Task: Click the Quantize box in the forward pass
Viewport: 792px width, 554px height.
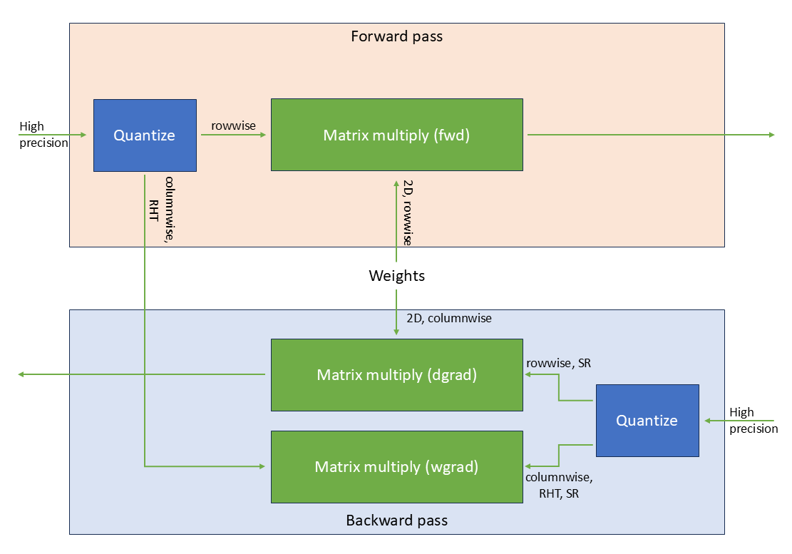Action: (145, 135)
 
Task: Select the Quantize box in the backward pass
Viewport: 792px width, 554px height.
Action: (647, 421)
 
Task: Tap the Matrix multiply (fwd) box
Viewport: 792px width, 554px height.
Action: (396, 135)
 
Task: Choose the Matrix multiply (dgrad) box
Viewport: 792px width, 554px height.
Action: (396, 375)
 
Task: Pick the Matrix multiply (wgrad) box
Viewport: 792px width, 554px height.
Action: (396, 467)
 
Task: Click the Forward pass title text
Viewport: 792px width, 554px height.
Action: (396, 36)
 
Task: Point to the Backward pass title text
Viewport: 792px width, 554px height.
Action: (396, 520)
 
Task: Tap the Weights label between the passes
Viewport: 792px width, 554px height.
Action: (396, 276)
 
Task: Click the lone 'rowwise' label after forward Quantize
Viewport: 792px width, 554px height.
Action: (233, 125)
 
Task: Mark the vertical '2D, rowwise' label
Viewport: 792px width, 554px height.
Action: (407, 212)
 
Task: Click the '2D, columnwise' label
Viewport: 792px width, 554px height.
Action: (449, 319)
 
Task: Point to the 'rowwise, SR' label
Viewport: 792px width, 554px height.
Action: (558, 364)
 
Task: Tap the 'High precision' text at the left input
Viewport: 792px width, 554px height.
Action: (43, 135)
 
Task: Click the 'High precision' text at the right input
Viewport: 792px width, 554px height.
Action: (753, 421)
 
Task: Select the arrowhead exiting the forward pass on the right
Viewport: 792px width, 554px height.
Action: (771, 135)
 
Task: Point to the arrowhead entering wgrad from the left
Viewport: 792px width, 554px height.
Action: (261, 466)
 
